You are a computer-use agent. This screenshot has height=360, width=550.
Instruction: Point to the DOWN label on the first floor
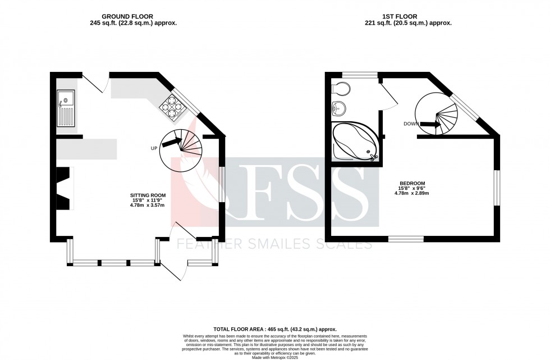click(411, 124)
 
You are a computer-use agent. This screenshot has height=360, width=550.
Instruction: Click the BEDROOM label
click(412, 183)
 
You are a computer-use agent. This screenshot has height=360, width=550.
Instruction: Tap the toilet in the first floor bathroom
click(341, 88)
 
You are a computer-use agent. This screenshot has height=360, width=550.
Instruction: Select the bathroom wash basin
click(338, 107)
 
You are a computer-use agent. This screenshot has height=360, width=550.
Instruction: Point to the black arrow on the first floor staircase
click(429, 125)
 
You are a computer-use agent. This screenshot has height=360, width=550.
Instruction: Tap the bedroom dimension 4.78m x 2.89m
click(412, 193)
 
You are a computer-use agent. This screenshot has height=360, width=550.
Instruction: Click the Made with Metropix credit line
click(274, 357)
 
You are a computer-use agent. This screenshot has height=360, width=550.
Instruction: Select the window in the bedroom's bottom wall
click(406, 239)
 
